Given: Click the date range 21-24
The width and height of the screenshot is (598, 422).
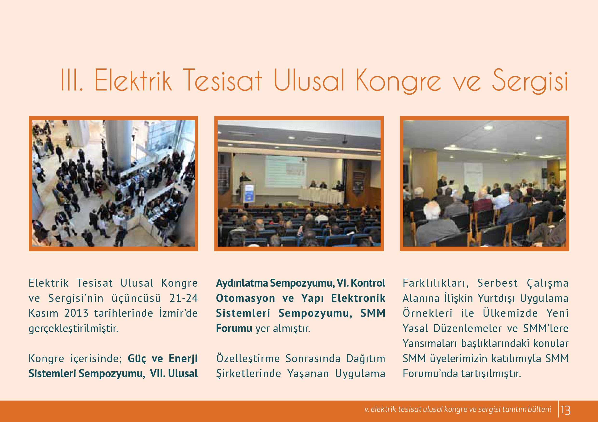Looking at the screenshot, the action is (x=184, y=298).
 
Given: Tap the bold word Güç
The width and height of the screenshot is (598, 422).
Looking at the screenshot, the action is (x=136, y=359).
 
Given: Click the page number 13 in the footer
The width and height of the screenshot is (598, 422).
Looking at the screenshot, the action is (x=566, y=410).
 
